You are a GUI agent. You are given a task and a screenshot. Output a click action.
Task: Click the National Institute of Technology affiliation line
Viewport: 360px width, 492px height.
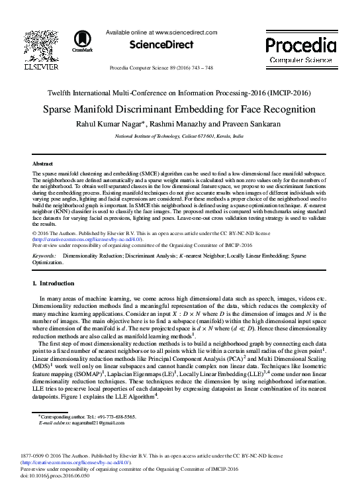pyautogui.click(x=179, y=134)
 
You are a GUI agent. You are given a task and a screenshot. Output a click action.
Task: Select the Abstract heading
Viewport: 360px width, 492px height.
pyautogui.click(x=43, y=162)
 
